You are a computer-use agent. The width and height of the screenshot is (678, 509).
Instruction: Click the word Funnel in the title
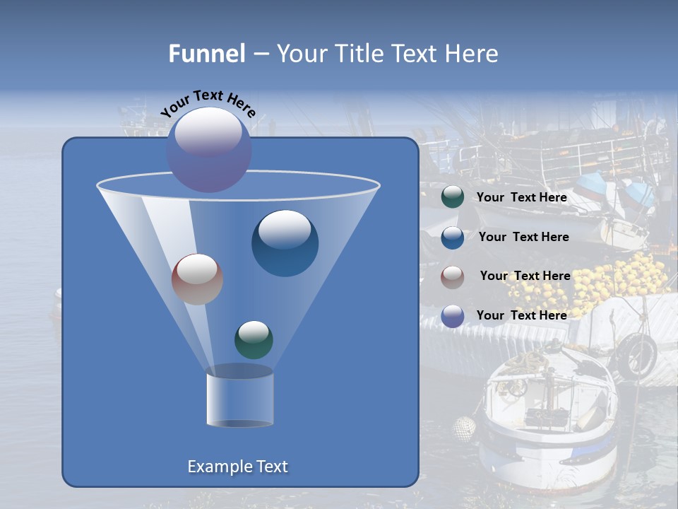tap(206, 54)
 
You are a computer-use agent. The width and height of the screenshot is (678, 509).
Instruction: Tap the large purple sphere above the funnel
tap(208, 149)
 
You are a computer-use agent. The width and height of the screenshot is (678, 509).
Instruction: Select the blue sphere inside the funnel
tap(285, 243)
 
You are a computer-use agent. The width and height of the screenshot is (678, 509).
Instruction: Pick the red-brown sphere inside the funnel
tap(197, 279)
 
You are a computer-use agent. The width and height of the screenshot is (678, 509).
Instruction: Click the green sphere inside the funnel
tap(254, 339)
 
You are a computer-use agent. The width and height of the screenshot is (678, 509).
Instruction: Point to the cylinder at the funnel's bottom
tap(239, 399)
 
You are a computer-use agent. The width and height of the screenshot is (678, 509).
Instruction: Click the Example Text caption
tap(237, 467)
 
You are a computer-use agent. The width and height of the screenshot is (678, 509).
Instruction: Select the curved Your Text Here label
tap(208, 103)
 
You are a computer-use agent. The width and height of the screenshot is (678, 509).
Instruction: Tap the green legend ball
tap(453, 197)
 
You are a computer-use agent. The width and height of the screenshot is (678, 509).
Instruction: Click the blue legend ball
tap(453, 237)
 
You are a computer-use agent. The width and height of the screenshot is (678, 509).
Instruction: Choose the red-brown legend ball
tap(453, 276)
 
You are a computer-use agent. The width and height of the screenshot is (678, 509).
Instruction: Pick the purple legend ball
tap(453, 316)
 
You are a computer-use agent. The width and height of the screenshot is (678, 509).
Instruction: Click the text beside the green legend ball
tap(521, 197)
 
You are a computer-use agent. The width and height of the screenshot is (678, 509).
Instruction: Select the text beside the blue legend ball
tap(523, 237)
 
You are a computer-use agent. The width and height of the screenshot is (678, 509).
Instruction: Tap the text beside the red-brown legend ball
tap(525, 276)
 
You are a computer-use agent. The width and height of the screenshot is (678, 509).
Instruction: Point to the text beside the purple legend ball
tap(521, 315)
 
